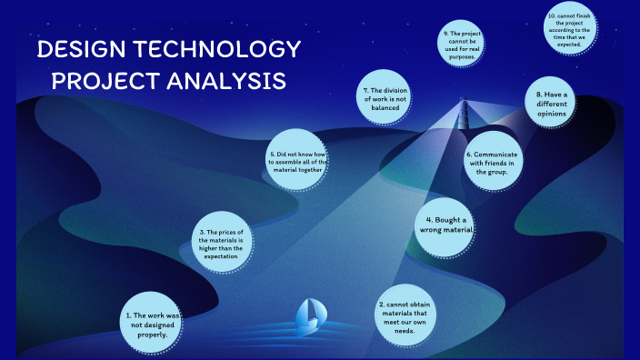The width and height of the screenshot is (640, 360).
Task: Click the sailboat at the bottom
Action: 310,315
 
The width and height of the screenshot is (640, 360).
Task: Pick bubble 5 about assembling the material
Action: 298,161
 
